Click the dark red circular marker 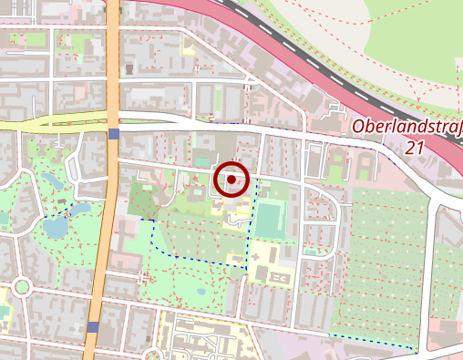(x=231, y=180)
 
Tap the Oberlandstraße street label (x=406, y=128)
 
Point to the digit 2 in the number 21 (x=412, y=147)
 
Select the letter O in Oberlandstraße (x=358, y=128)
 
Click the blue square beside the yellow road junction (x=113, y=135)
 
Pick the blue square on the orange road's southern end (x=92, y=326)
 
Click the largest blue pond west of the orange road (x=56, y=225)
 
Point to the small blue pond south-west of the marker (x=201, y=292)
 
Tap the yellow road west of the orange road (x=46, y=124)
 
